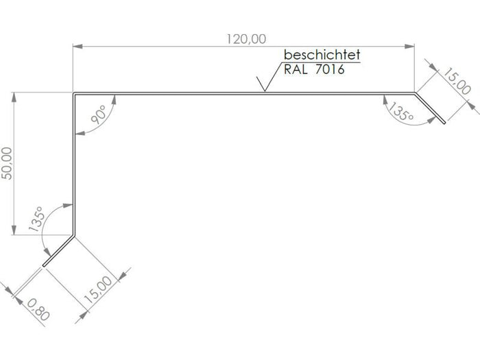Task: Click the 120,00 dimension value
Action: (246, 39)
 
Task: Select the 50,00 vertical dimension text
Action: (7, 163)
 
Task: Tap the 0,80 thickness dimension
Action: (38, 309)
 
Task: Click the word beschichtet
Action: (322, 55)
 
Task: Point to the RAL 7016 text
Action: (314, 69)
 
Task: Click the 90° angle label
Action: (98, 115)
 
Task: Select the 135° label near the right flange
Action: (401, 111)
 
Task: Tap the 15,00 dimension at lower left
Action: (98, 290)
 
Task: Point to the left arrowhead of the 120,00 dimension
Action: (77, 47)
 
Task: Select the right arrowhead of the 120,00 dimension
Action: (409, 47)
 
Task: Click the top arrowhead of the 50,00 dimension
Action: (14, 97)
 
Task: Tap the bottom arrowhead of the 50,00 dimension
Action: (14, 230)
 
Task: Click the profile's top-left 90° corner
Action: (74, 93)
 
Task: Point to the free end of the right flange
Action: (444, 123)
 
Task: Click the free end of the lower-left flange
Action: (44, 266)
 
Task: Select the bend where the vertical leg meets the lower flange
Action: (74, 235)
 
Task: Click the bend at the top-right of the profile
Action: (414, 93)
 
